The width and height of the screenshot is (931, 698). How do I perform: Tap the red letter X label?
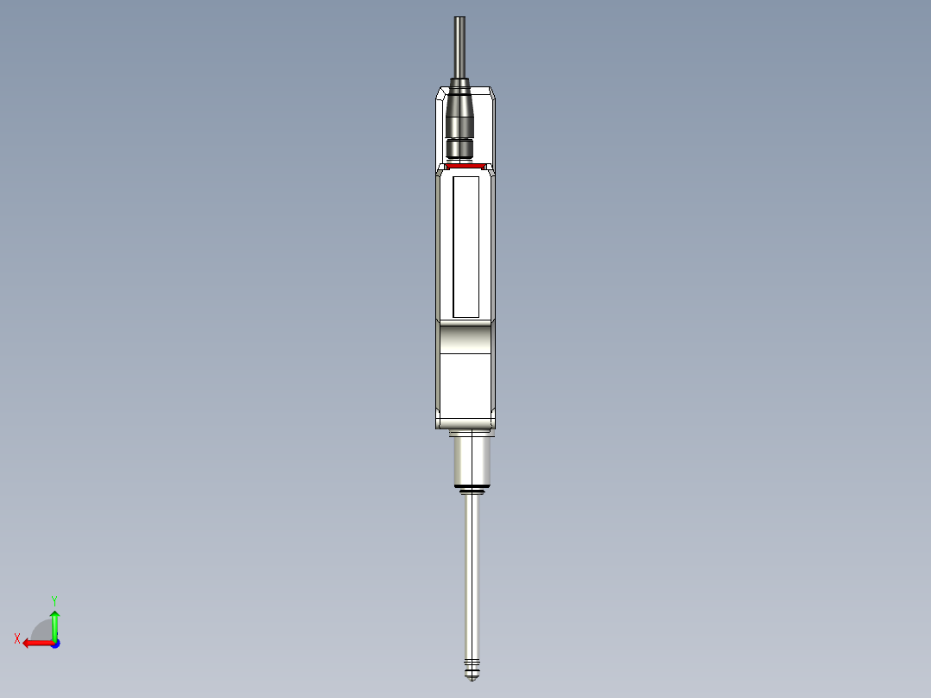tap(17, 638)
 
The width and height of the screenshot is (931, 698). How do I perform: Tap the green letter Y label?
tap(54, 600)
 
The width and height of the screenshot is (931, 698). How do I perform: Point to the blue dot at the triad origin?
tap(54, 643)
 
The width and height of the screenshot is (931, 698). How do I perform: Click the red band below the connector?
tap(465, 165)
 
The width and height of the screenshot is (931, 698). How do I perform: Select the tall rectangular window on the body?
tap(465, 246)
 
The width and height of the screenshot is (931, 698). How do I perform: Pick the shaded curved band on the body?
tap(465, 338)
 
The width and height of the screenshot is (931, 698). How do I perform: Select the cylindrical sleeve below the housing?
tap(471, 462)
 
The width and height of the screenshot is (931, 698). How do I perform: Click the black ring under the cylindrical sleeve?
tap(471, 492)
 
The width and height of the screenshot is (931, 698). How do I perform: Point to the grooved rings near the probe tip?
tap(471, 667)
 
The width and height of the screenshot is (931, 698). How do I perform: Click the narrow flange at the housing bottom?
tap(467, 433)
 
